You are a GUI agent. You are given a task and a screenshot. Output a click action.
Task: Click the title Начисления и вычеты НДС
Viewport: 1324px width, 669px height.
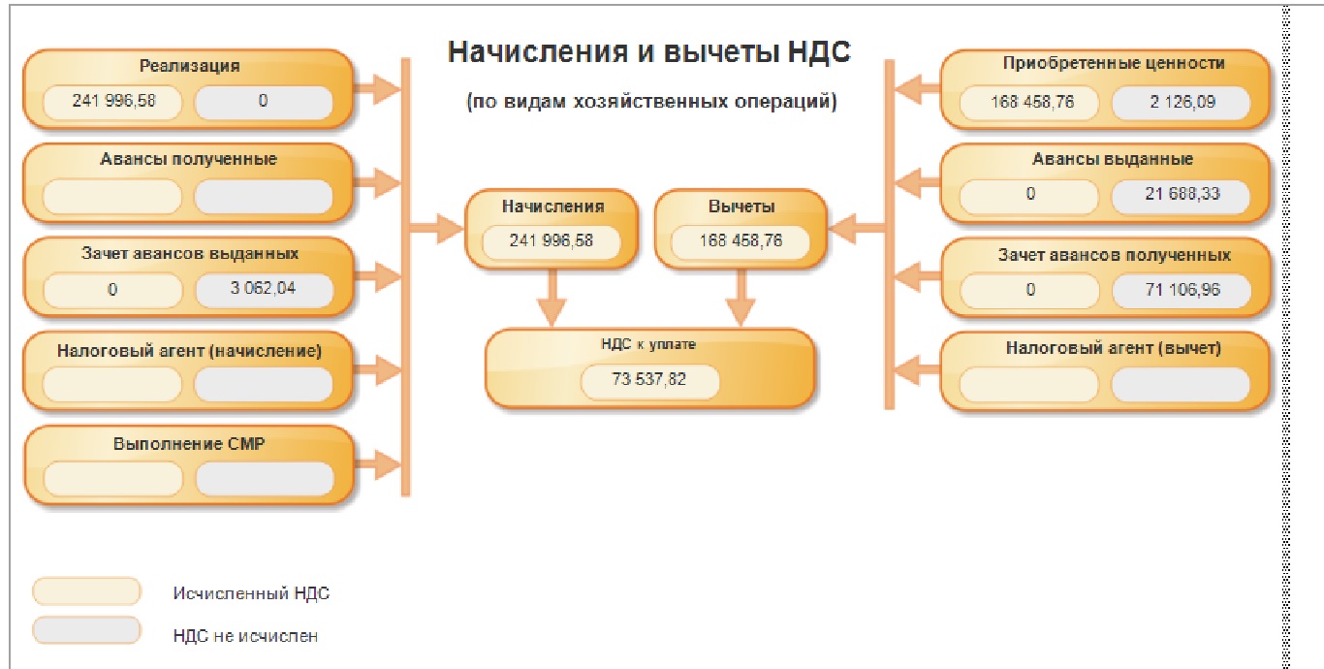point(649,52)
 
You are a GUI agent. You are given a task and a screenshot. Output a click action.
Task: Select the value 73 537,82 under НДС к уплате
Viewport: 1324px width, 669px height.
point(649,380)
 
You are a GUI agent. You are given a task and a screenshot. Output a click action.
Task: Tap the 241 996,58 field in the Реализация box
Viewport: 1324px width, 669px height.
point(112,100)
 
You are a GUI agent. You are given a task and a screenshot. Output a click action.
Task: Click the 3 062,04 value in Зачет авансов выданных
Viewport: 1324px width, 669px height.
point(265,289)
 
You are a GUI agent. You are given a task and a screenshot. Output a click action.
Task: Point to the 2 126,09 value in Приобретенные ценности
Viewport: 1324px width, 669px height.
point(1182,101)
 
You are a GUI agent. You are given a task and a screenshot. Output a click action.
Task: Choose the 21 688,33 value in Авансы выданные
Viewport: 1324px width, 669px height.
point(1182,194)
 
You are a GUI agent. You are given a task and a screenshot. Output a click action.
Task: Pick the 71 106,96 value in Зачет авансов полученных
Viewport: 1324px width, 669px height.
point(1182,289)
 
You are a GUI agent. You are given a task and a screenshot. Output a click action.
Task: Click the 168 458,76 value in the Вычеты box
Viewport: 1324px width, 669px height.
point(741,241)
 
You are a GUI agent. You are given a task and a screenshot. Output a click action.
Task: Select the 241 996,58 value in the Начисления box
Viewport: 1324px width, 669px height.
point(552,241)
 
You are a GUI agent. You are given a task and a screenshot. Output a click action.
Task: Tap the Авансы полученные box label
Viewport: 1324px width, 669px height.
point(188,159)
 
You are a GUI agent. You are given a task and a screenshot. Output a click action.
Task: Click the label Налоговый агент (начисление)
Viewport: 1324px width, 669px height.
point(189,350)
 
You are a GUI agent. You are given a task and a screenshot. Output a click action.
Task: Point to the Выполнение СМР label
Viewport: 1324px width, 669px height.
point(189,444)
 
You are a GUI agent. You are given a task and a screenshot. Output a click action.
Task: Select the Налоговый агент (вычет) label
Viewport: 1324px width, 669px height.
point(1113,349)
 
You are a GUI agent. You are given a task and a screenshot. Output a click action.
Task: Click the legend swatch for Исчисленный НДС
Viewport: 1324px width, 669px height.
point(87,591)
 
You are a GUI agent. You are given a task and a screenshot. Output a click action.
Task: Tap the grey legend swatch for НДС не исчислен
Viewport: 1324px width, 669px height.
point(87,632)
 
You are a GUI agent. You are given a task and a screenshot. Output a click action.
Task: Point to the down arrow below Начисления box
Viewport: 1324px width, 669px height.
point(552,298)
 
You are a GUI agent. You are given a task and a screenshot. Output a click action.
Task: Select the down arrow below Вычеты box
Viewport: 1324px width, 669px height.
point(741,298)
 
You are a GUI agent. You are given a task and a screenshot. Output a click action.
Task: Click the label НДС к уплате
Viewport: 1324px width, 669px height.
point(648,344)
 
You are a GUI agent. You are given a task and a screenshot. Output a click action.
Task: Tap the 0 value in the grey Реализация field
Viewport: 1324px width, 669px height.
point(264,100)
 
